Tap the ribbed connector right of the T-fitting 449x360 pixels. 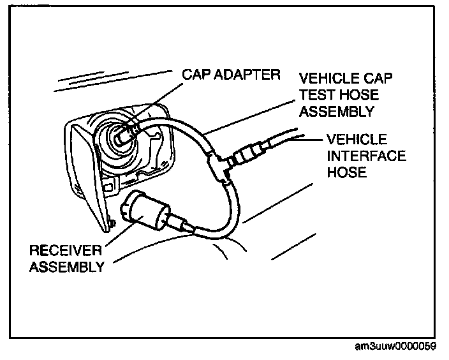coord(246,156)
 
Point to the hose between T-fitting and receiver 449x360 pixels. coord(223,211)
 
